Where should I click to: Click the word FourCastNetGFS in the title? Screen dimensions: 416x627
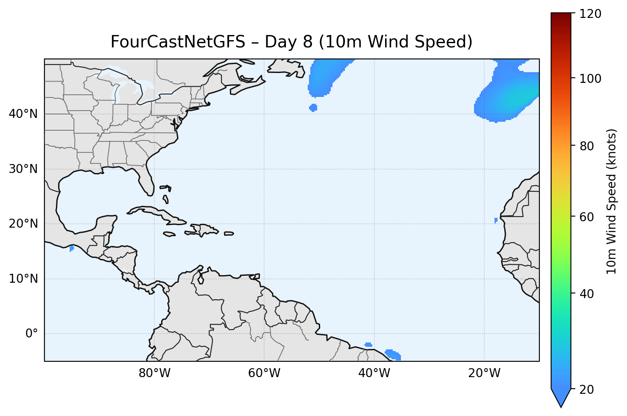coord(178,42)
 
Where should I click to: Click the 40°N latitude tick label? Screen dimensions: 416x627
coord(23,114)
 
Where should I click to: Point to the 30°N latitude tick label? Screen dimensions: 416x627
coord(23,169)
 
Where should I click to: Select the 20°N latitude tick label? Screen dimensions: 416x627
coord(23,224)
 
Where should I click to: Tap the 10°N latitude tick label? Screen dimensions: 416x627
coord(23,279)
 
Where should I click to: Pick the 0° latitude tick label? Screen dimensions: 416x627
coord(31,334)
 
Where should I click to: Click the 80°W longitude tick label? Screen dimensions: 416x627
coord(154,373)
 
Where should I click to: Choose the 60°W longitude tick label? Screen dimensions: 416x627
coord(264,373)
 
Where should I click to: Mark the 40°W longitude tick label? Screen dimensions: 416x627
coord(374,373)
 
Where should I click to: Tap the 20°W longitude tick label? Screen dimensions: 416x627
coord(484,373)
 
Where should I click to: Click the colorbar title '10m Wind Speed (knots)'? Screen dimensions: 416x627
coord(612,201)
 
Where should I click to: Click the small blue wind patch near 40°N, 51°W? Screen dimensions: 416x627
coord(313,108)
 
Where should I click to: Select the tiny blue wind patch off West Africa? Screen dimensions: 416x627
coord(496,220)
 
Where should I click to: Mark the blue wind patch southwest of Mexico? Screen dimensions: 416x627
coord(71,249)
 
